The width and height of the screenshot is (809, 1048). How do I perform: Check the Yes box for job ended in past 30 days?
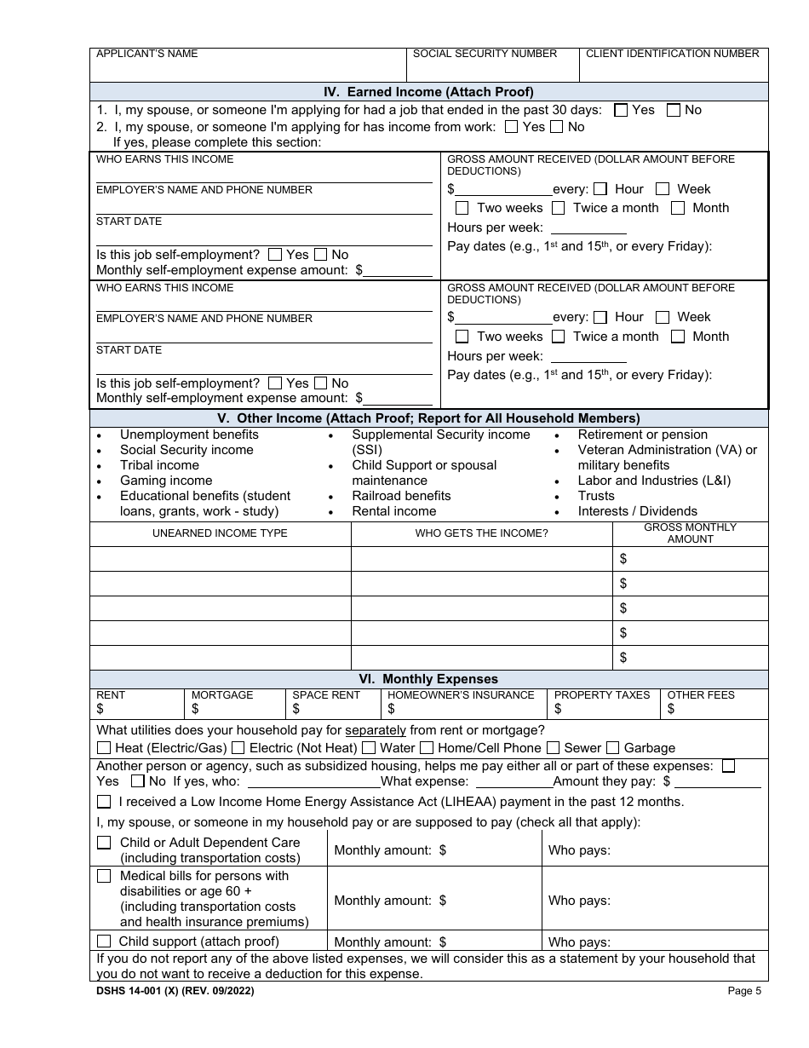click(x=621, y=110)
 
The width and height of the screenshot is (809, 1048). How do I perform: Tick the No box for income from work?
click(x=557, y=127)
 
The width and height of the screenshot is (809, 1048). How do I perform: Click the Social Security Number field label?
click(x=485, y=54)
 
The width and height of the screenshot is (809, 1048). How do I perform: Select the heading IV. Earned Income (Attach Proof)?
click(x=428, y=92)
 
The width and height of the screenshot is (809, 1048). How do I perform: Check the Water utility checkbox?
click(x=369, y=748)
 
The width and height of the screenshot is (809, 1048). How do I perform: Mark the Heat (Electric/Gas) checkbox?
click(x=104, y=748)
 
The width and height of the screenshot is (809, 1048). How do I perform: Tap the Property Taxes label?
click(x=601, y=695)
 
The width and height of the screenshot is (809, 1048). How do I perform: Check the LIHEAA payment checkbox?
click(x=104, y=802)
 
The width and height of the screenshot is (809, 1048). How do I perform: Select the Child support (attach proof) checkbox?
click(x=104, y=941)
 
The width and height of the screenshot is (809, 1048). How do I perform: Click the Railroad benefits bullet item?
click(x=401, y=496)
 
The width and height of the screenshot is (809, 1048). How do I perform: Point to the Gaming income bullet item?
click(x=165, y=481)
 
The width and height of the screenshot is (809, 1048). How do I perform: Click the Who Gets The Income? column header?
click(x=481, y=533)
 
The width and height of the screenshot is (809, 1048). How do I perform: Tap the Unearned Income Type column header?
click(x=220, y=533)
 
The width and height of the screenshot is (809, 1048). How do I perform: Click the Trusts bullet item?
click(x=595, y=496)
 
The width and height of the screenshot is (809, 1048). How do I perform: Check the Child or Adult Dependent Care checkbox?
click(x=104, y=843)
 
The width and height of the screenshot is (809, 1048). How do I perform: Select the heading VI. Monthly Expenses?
click(x=428, y=679)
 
